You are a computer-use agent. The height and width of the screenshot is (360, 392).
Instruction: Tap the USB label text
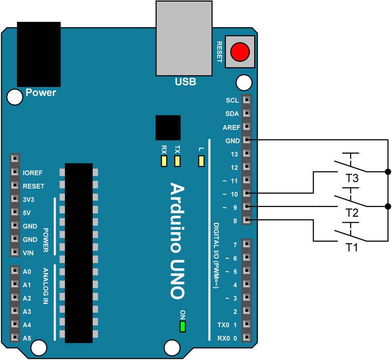tap(185, 82)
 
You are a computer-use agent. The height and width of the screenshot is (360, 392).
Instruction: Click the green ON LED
tap(183, 326)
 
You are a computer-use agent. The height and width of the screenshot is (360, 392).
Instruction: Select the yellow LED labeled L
tap(201, 161)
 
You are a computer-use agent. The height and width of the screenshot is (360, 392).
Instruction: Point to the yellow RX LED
tap(164, 161)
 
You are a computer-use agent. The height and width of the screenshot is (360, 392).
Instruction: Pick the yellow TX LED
tap(177, 161)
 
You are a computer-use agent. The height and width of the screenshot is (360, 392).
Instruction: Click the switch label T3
tap(352, 178)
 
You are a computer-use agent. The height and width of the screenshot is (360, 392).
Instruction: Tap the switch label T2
tap(352, 213)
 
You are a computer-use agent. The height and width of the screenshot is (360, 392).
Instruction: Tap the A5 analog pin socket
tap(15, 338)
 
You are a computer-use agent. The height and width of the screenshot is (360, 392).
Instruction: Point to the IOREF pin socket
tap(15, 173)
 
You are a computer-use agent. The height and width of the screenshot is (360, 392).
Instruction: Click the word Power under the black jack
tap(41, 93)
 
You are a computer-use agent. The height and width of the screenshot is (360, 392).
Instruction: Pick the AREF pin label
tap(232, 127)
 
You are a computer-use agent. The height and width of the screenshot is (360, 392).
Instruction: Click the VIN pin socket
tap(15, 252)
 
